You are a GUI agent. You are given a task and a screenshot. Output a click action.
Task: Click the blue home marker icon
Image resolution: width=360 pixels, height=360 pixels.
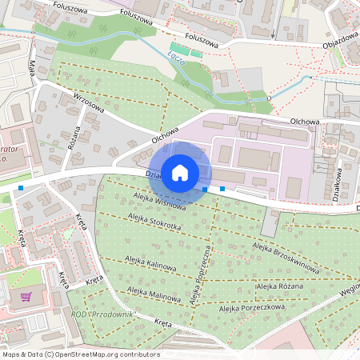point(180,172)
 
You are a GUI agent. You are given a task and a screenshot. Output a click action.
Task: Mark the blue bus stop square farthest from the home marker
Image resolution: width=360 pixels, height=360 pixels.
point(20,187)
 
